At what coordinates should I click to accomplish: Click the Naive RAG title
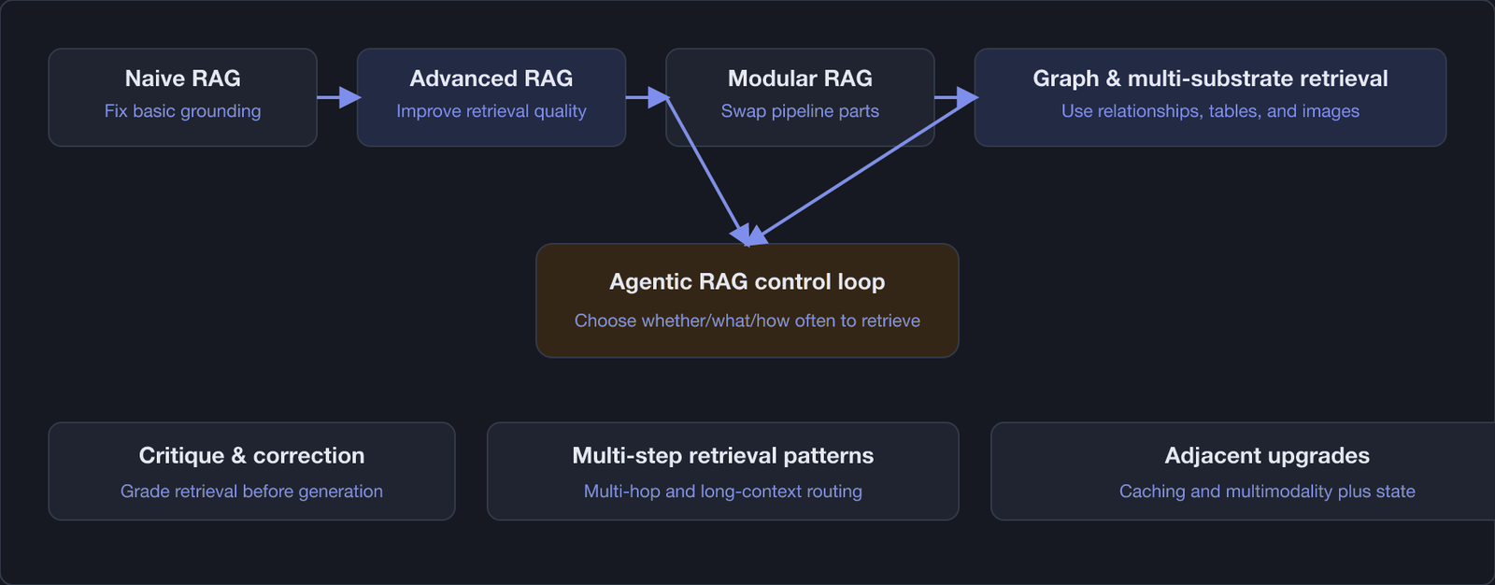[183, 78]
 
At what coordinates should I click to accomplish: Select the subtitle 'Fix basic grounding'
[183, 111]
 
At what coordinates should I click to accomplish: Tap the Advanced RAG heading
[491, 78]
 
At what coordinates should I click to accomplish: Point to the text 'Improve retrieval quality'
[491, 111]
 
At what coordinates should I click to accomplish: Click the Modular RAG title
[800, 78]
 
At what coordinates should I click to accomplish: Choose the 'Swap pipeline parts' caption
[800, 111]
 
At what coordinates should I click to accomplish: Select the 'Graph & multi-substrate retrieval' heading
[1211, 78]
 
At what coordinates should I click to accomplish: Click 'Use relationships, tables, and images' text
[1211, 111]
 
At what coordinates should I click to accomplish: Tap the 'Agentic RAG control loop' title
[747, 282]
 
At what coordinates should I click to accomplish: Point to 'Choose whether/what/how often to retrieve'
[747, 321]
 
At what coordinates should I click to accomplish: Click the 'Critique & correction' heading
[251, 455]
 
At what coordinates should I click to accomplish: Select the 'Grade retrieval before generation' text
[251, 492]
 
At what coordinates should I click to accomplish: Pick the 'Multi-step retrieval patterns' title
[723, 455]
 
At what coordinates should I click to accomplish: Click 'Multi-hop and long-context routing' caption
[723, 492]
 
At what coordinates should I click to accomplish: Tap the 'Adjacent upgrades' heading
[1267, 455]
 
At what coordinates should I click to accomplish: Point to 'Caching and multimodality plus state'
[1267, 492]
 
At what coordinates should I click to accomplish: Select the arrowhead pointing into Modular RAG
[659, 97]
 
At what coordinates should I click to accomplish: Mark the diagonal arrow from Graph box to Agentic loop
[863, 172]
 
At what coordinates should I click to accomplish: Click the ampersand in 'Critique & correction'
[239, 455]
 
